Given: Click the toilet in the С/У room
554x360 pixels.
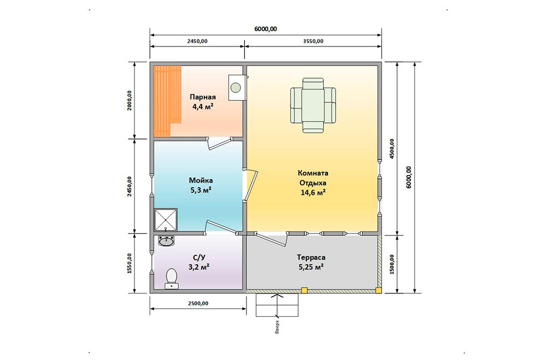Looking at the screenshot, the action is click(x=171, y=279).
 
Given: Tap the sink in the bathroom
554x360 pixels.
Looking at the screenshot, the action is click(x=166, y=241).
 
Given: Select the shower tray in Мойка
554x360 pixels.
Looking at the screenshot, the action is click(x=166, y=220).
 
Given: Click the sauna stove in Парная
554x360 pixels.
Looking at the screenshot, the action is click(x=237, y=88).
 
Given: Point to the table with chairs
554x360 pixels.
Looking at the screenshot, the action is click(x=313, y=105).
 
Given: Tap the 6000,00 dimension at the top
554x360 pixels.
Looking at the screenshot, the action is click(x=266, y=29).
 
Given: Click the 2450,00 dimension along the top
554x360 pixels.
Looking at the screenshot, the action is click(x=197, y=41).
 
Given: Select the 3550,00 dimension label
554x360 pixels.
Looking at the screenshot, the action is click(x=313, y=41).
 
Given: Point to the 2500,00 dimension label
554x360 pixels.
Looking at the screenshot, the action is click(x=198, y=303).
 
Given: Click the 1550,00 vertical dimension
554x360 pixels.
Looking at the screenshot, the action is click(x=129, y=263).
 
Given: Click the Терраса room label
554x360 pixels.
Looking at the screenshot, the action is click(x=311, y=257).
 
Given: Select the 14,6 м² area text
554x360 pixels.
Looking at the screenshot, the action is click(x=313, y=193).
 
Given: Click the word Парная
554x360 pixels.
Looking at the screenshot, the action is click(x=203, y=97).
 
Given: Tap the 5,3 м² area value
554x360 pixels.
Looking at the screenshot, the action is click(x=201, y=190).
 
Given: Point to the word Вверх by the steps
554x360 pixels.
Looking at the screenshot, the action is click(x=277, y=327).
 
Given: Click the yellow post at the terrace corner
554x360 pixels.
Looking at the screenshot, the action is click(x=378, y=290).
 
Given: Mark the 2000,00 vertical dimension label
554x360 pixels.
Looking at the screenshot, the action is click(x=129, y=101).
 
